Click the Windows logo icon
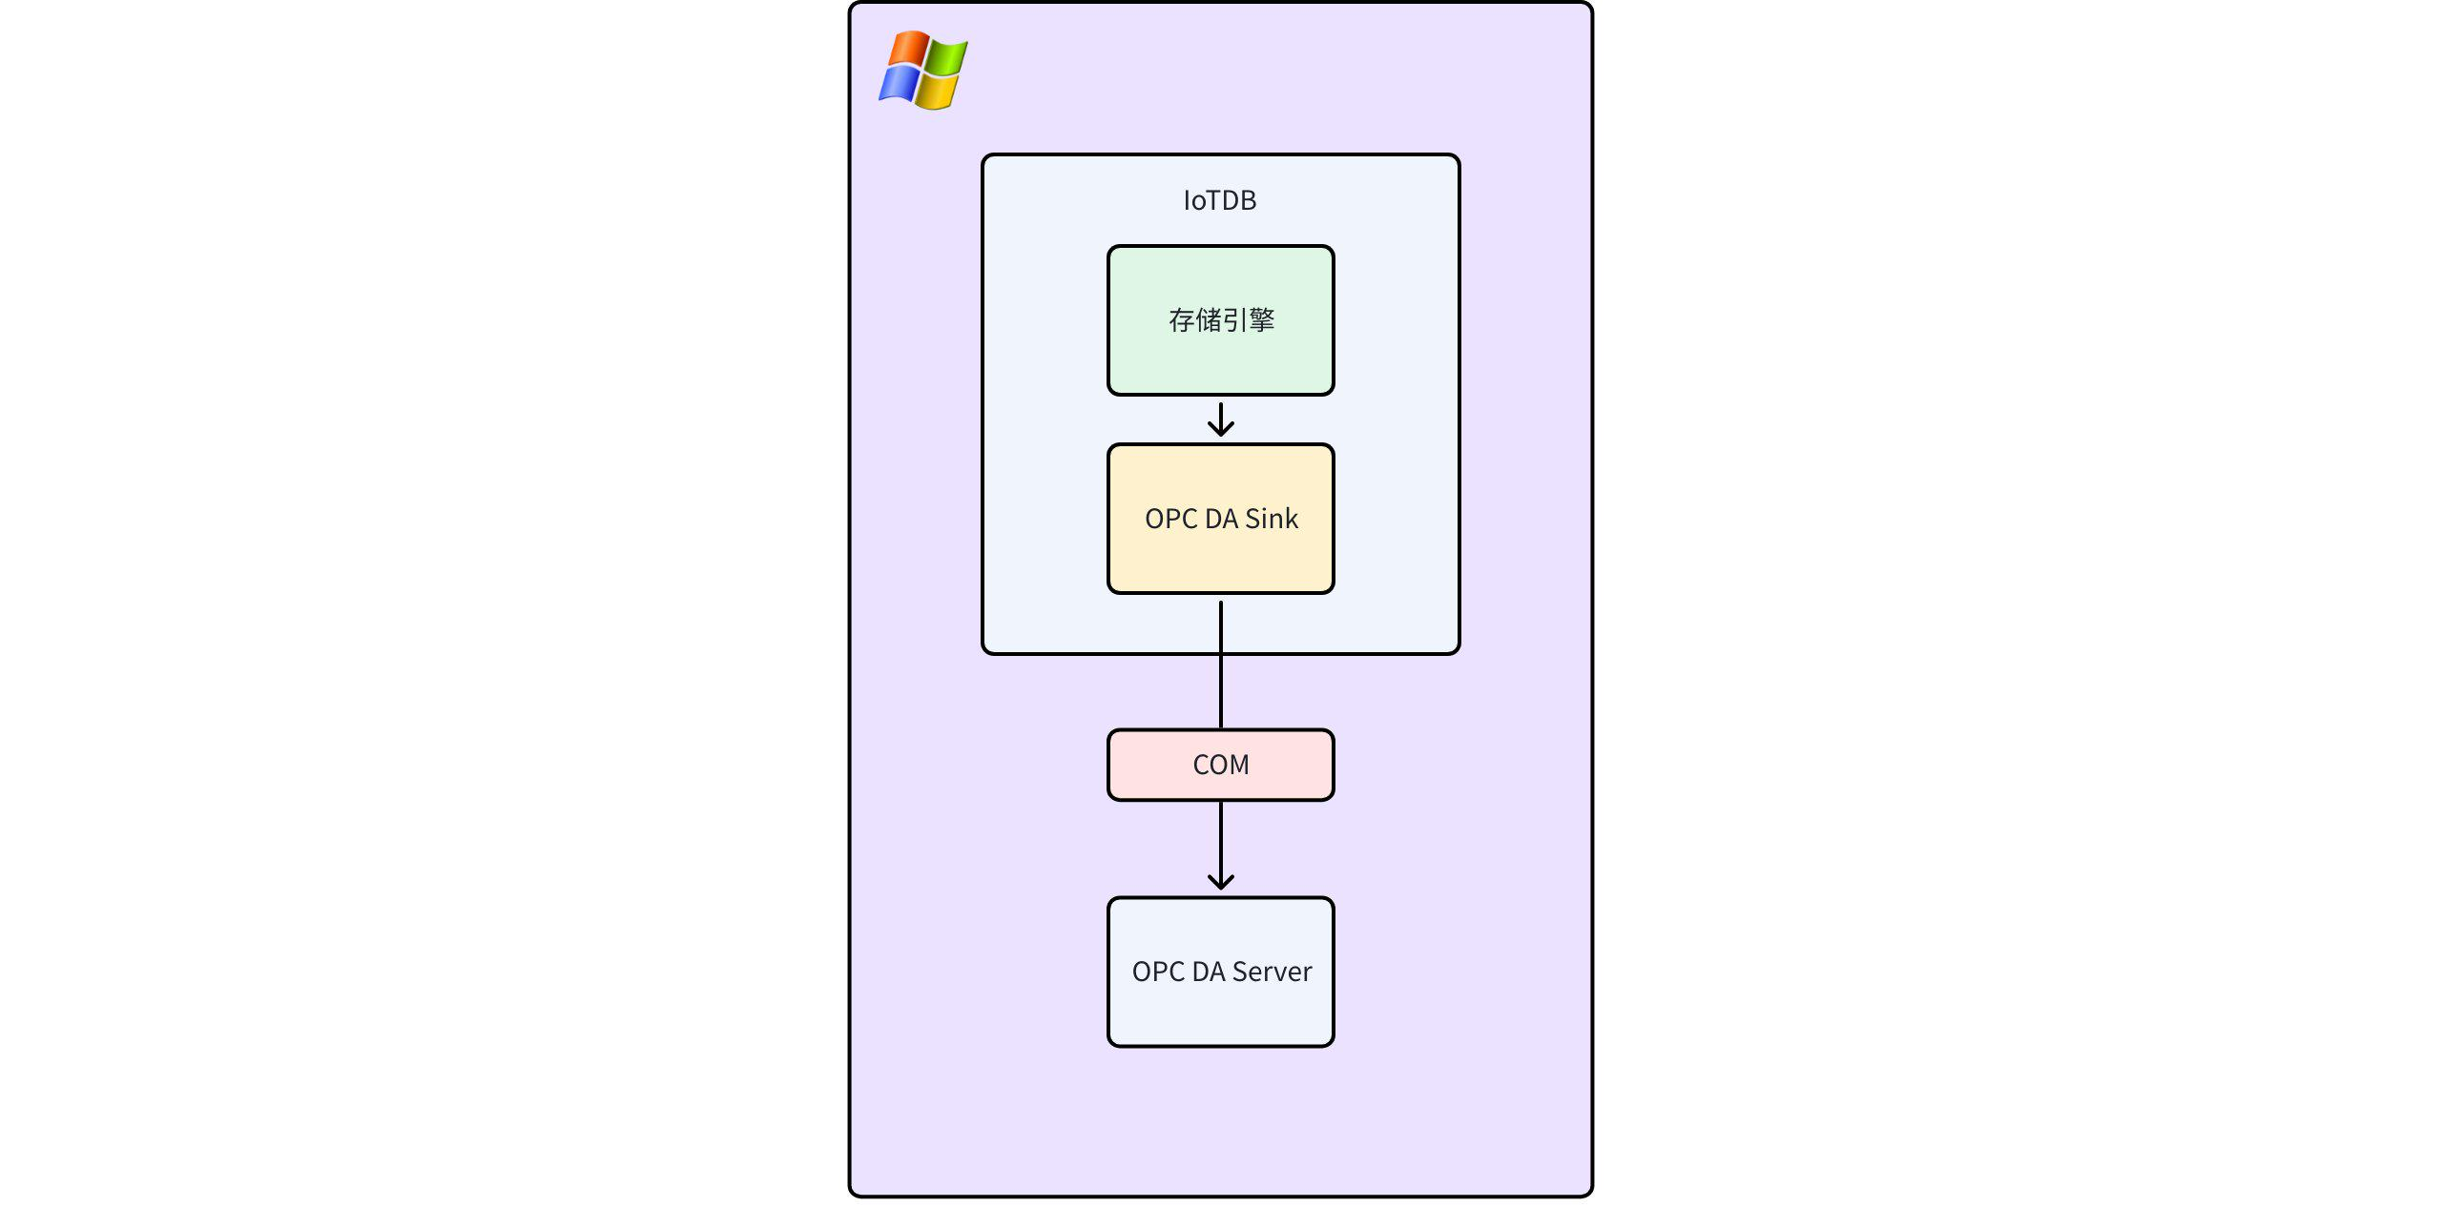pyautogui.click(x=922, y=70)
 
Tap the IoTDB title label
pyautogui.click(x=1220, y=200)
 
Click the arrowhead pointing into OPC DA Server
pyautogui.click(x=1220, y=882)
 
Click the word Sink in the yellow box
pyautogui.click(x=1271, y=519)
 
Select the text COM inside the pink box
pyautogui.click(x=1220, y=765)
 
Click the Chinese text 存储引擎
pyautogui.click(x=1221, y=320)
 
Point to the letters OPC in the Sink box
pyautogui.click(x=1170, y=519)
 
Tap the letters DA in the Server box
pyautogui.click(x=1208, y=972)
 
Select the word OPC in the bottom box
pyautogui.click(x=1158, y=972)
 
